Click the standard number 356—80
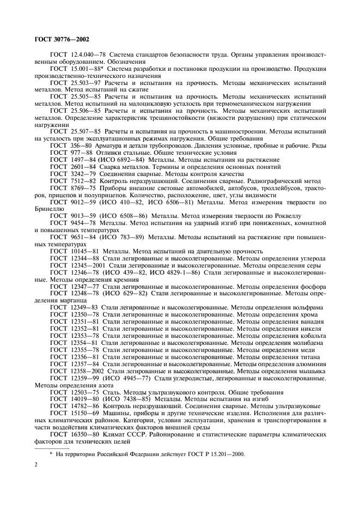(83, 147)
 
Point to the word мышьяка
(311, 371)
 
